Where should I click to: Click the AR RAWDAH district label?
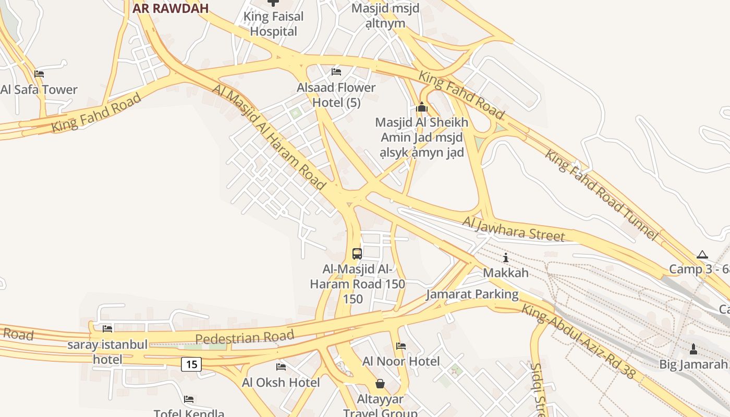click(x=170, y=8)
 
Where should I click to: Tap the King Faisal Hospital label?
click(x=273, y=24)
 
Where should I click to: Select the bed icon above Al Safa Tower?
click(x=39, y=74)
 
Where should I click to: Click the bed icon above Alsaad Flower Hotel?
click(x=336, y=72)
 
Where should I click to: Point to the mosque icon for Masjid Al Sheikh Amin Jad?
click(x=422, y=107)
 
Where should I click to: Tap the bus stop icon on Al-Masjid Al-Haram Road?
click(x=357, y=254)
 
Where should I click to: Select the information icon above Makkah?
click(x=505, y=257)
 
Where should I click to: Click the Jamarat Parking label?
click(x=472, y=295)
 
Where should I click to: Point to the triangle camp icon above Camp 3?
click(x=702, y=255)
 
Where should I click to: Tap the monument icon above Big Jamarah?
click(x=693, y=349)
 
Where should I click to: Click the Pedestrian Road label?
click(x=245, y=337)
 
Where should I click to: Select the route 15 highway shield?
click(x=191, y=364)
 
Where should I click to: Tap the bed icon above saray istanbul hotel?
click(x=107, y=329)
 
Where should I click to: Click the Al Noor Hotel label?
click(x=401, y=361)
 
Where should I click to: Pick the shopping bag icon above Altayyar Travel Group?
click(x=380, y=384)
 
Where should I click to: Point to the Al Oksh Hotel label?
click(x=281, y=383)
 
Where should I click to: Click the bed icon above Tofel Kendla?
click(x=189, y=400)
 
